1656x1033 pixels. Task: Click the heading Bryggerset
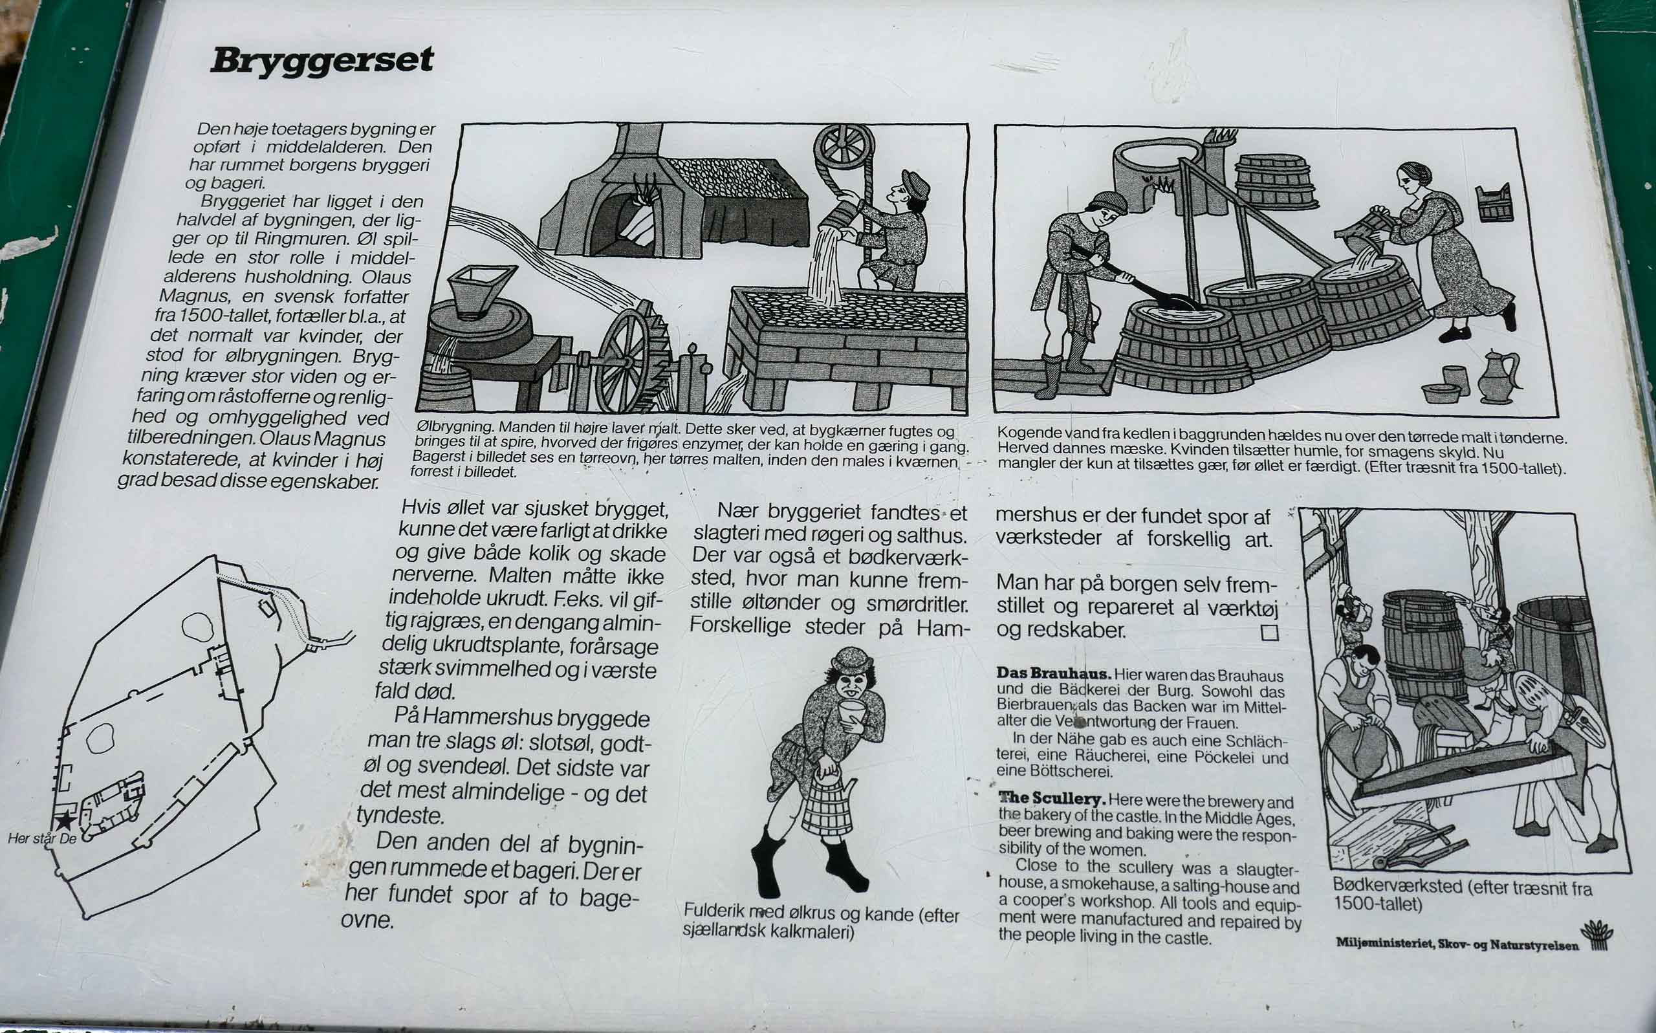[x=321, y=61]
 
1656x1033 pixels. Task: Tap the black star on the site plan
[x=65, y=821]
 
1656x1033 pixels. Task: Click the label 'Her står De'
[x=42, y=838]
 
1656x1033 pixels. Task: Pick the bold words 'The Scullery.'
[x=1052, y=798]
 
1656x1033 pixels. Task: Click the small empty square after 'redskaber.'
[x=1269, y=633]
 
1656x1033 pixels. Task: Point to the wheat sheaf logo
[x=1597, y=935]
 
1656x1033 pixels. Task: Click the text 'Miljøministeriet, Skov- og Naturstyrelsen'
[x=1458, y=944]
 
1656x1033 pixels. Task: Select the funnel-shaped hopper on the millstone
[x=483, y=290]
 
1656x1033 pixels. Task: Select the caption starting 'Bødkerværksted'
[x=1462, y=896]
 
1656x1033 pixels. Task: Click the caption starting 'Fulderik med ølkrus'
[x=821, y=922]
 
